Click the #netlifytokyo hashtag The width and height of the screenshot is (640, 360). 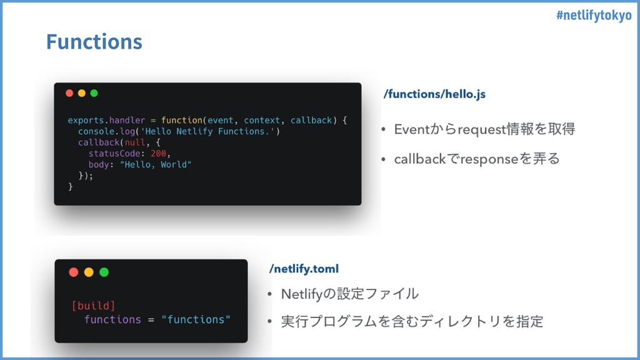(x=594, y=16)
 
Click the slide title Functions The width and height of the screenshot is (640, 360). (x=94, y=42)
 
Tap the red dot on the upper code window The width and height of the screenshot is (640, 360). (x=69, y=93)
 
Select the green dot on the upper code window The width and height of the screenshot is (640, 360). (x=94, y=93)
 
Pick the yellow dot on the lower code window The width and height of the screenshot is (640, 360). (x=89, y=272)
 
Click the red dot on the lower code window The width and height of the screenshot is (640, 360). (x=74, y=272)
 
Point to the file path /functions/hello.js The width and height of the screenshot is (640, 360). (x=434, y=94)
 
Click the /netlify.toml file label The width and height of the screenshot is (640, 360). (x=304, y=269)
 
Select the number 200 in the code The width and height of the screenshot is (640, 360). (x=158, y=154)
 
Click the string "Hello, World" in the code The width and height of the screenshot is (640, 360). (x=156, y=164)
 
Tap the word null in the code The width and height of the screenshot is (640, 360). (x=135, y=142)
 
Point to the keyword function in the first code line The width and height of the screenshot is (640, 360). (x=182, y=121)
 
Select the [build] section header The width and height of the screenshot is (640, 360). (x=94, y=306)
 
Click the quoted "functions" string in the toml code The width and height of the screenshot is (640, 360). (x=196, y=319)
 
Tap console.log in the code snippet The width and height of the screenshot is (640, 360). (x=107, y=131)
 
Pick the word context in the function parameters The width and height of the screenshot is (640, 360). (x=262, y=121)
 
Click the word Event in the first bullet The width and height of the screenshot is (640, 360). (x=412, y=129)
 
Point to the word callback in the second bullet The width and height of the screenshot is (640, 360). (x=420, y=159)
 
